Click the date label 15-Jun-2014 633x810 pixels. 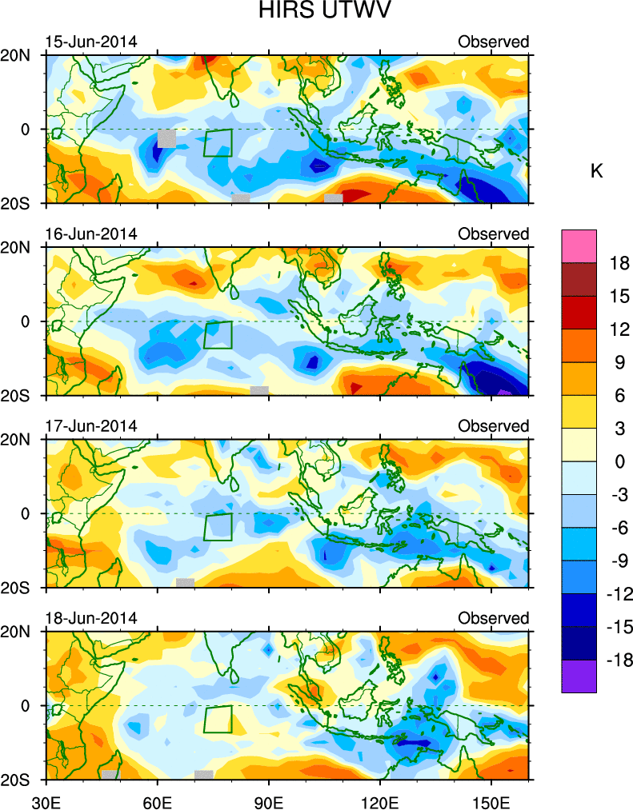click(90, 42)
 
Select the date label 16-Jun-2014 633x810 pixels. click(90, 233)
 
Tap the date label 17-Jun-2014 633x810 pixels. click(90, 425)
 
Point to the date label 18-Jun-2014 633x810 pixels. click(90, 618)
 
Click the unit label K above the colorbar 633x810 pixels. click(596, 171)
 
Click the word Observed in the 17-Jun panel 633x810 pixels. click(493, 426)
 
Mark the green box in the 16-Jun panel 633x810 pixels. click(217, 334)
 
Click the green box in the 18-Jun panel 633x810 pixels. click(217, 719)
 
